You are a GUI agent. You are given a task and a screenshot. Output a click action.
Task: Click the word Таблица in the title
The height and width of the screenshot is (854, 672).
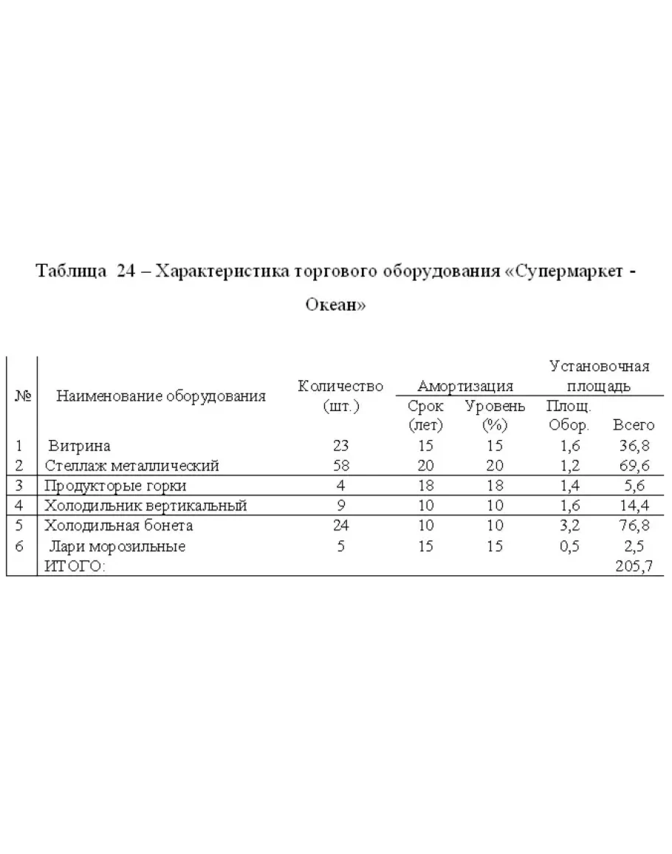[70, 271]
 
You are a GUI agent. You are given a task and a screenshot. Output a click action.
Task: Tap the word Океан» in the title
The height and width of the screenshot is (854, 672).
[336, 305]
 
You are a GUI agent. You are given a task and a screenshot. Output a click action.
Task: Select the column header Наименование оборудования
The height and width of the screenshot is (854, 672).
[161, 396]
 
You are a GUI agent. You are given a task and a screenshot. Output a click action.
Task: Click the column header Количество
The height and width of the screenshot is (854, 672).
[340, 386]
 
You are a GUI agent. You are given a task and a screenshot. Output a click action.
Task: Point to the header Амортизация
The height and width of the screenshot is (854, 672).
[465, 386]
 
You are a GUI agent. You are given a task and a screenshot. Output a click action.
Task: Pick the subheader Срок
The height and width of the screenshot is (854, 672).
[425, 406]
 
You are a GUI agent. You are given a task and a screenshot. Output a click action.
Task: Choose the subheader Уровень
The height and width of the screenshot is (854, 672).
[495, 406]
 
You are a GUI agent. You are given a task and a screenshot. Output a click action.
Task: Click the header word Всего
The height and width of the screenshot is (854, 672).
[634, 425]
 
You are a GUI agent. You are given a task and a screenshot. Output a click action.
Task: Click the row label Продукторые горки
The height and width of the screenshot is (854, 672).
[115, 486]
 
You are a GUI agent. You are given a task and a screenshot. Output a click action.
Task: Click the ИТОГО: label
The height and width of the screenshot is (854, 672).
[75, 566]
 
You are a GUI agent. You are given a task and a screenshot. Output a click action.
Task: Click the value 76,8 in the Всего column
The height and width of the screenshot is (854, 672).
[635, 526]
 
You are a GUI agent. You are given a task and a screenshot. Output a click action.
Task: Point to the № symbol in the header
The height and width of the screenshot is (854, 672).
[22, 396]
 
